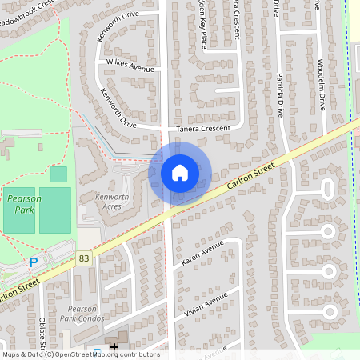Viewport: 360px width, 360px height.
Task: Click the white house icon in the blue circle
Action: pos(180,172)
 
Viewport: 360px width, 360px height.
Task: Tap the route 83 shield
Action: pos(84,258)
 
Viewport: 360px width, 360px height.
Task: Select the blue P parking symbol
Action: pos(34,262)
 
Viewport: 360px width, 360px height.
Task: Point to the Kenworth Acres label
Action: pos(112,201)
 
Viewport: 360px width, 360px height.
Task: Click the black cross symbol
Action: pos(114,346)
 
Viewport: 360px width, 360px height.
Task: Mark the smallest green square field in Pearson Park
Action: pos(58,174)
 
